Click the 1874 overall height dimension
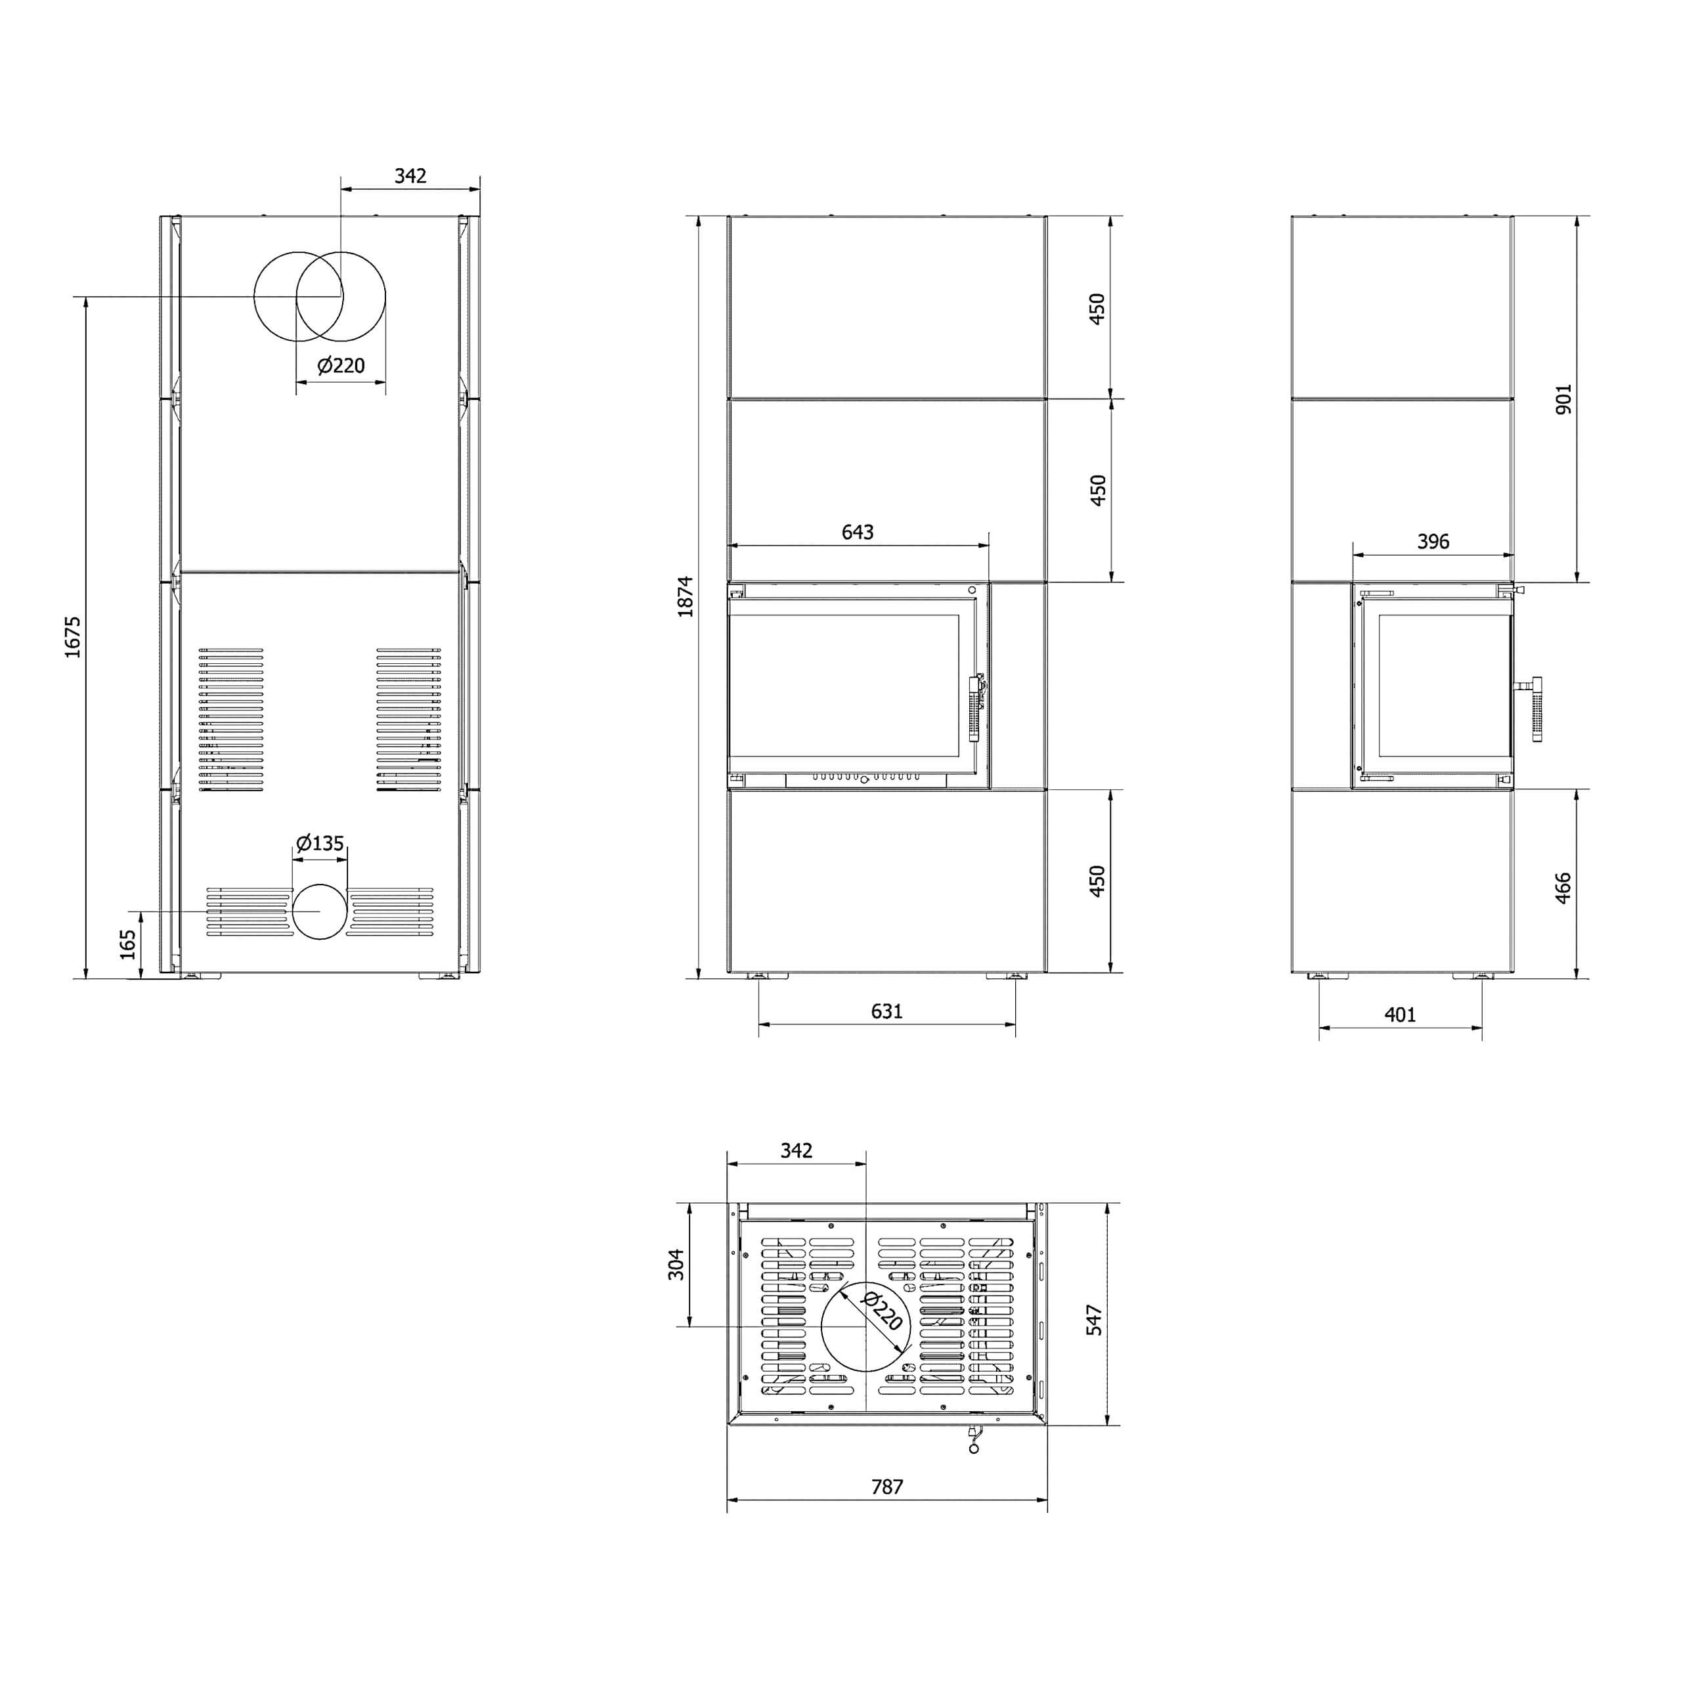[686, 596]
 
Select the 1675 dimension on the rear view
[73, 637]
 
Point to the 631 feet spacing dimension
[886, 1011]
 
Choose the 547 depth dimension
[1095, 1320]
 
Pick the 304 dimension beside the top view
[676, 1264]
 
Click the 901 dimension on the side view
[1563, 399]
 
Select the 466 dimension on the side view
[1563, 888]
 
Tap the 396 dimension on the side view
[1433, 541]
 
